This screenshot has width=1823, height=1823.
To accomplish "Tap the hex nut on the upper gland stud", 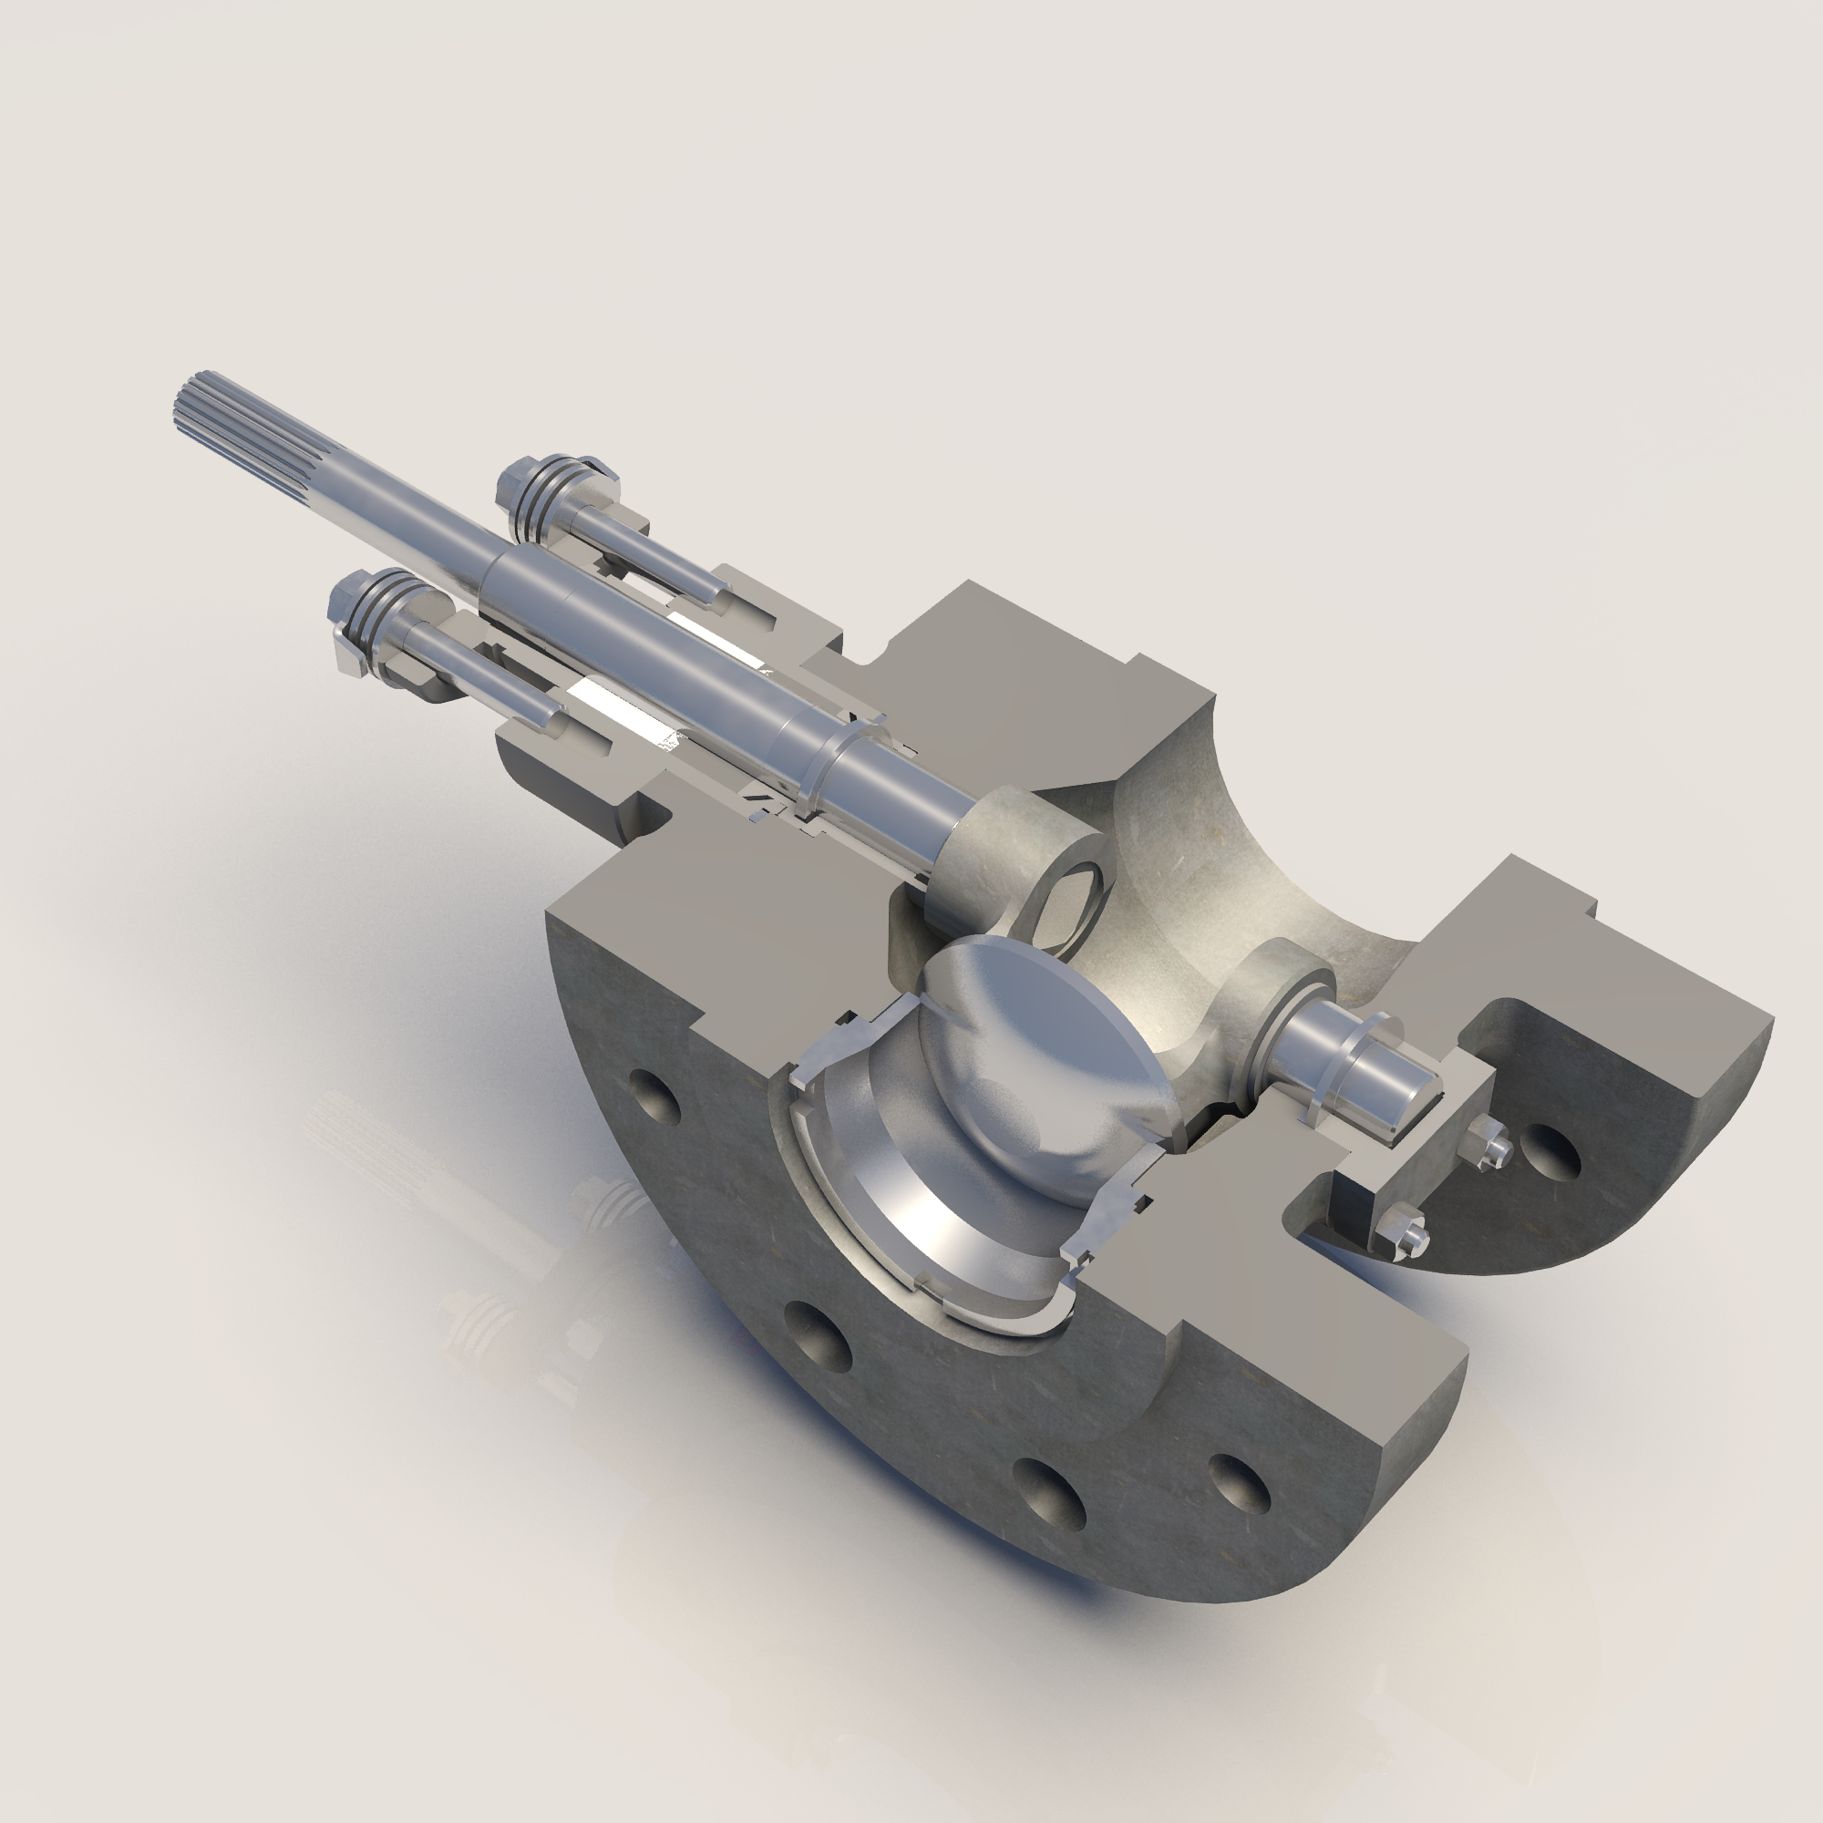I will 517,483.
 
